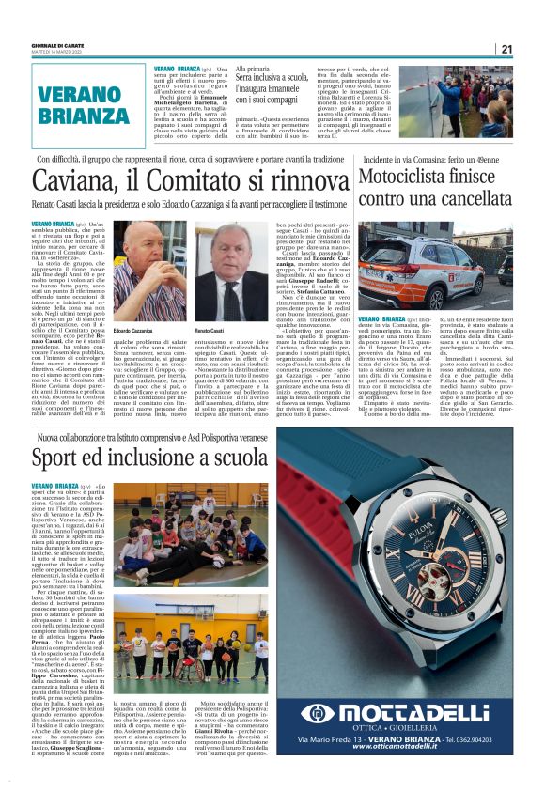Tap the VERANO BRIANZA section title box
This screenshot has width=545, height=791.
click(76, 105)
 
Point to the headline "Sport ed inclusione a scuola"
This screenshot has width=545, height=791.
click(151, 458)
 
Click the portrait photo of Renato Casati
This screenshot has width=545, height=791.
click(228, 273)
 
